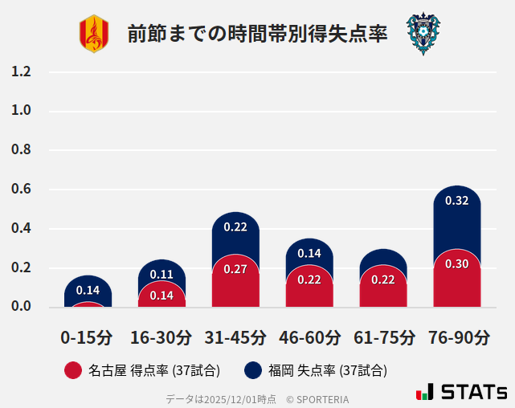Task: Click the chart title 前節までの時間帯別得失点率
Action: (x=257, y=34)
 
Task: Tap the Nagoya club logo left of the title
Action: (x=93, y=34)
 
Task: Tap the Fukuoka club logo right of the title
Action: (x=423, y=34)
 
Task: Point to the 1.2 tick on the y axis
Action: (x=21, y=72)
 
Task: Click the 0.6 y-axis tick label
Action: (x=21, y=190)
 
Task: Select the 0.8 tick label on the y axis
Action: (x=21, y=150)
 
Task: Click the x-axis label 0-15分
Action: (x=87, y=337)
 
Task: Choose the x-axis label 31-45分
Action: (x=235, y=337)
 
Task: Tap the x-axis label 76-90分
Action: (x=458, y=337)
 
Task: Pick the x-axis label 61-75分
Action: (x=384, y=337)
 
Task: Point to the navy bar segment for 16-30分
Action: (x=161, y=270)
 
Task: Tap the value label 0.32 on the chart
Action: (x=457, y=201)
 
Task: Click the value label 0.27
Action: (x=235, y=269)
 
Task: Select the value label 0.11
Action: (x=161, y=275)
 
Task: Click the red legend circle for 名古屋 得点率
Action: (x=73, y=370)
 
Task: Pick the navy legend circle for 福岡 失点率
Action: (x=253, y=370)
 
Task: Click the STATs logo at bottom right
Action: (x=462, y=392)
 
